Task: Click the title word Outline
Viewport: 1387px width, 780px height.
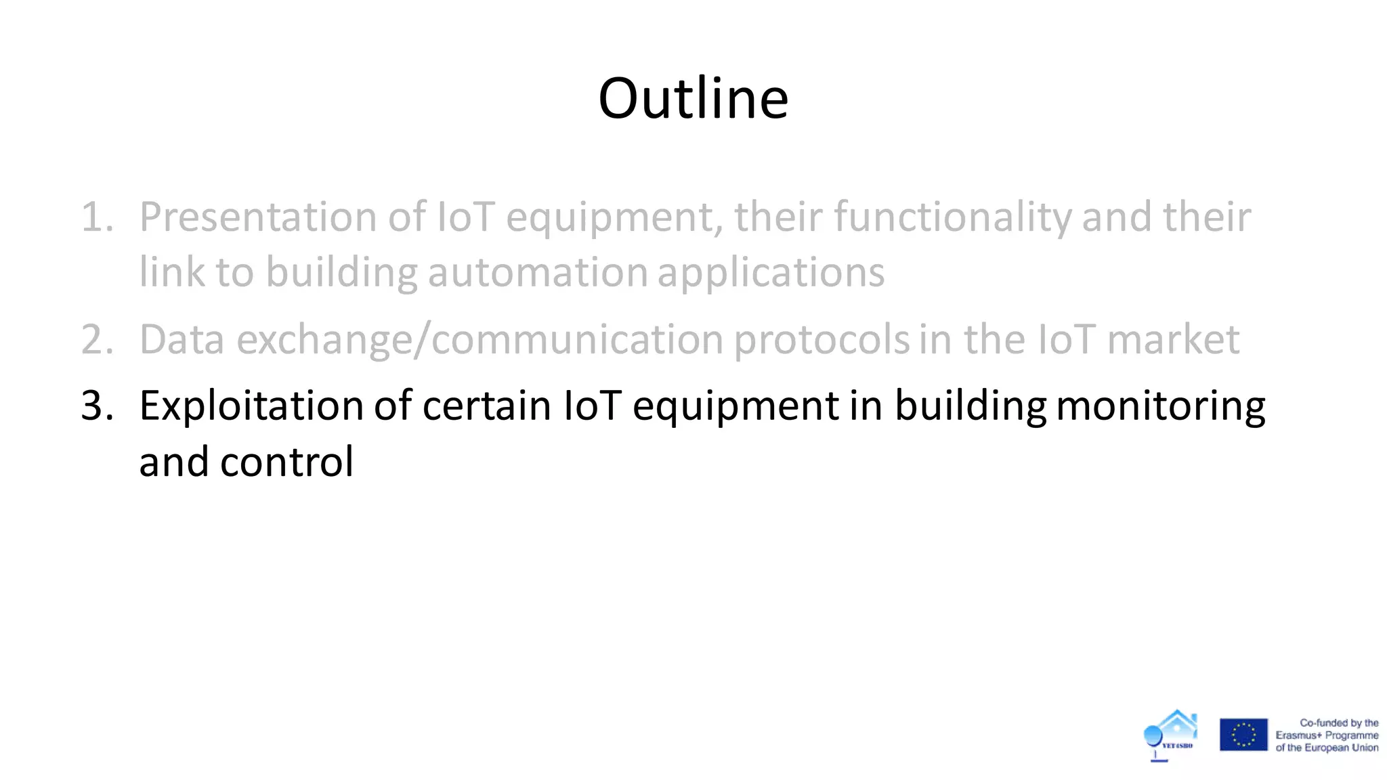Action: coord(693,99)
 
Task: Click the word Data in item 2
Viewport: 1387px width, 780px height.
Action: coord(182,340)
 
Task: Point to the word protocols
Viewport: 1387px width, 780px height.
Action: coord(822,340)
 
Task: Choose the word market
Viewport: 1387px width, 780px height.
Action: coord(1173,340)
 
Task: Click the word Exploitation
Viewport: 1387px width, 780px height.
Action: coord(251,406)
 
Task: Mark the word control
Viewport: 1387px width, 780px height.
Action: coord(286,462)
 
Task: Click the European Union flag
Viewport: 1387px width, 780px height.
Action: coord(1243,735)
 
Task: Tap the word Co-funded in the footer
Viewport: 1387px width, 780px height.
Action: coord(1321,722)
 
